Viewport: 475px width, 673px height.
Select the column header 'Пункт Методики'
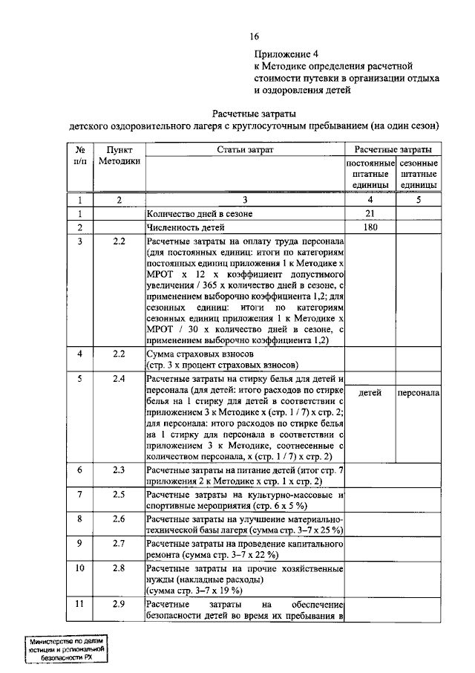click(x=118, y=156)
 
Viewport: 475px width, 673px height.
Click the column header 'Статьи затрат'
click(x=245, y=150)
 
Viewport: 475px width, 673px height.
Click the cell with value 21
click(x=369, y=214)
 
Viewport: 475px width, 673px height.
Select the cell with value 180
click(x=369, y=228)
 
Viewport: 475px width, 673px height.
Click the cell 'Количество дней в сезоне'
click(x=200, y=214)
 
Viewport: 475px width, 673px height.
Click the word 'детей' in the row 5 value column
click(x=369, y=393)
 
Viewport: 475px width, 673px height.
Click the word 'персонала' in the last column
click(x=418, y=393)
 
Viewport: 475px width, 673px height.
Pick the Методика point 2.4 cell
click(x=118, y=379)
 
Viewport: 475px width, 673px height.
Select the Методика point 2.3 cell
click(x=118, y=469)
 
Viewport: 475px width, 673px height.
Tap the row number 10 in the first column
click(x=79, y=568)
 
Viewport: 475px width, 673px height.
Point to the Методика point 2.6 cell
click(x=118, y=518)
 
